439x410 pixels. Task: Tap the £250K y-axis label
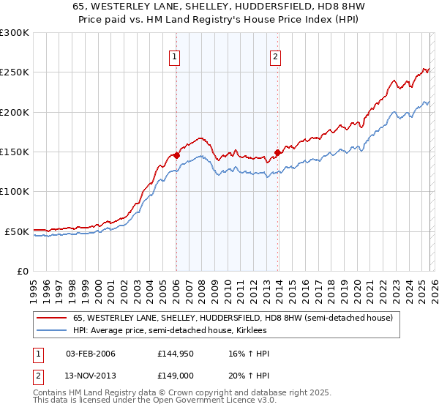[15, 72]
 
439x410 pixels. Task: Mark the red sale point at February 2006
[176, 155]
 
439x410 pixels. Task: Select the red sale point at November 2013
[277, 152]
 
